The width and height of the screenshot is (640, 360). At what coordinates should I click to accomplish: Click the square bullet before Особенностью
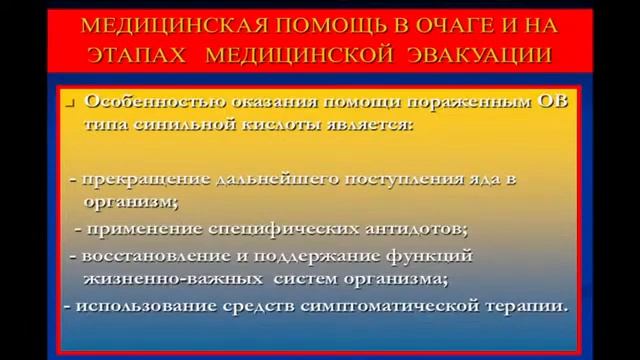(74, 103)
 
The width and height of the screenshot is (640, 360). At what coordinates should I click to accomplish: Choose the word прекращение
(141, 180)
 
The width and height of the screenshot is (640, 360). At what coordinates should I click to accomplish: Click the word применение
(140, 229)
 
